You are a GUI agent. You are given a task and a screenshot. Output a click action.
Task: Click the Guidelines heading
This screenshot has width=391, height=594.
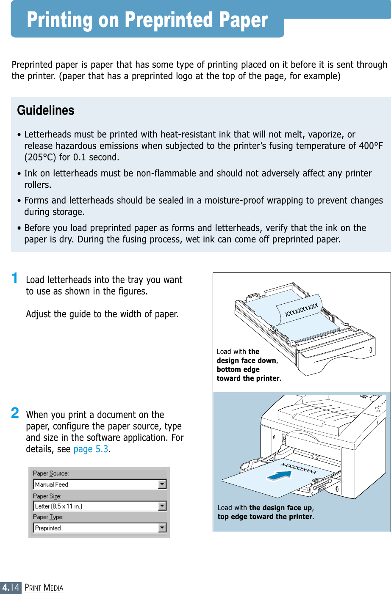[46, 110]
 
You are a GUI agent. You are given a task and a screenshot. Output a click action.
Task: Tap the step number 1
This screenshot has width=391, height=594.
[15, 278]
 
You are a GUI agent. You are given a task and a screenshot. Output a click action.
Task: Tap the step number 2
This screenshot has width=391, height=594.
[15, 412]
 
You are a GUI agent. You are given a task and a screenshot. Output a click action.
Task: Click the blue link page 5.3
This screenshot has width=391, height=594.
[91, 449]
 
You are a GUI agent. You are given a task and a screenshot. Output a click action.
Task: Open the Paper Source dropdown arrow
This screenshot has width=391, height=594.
[162, 484]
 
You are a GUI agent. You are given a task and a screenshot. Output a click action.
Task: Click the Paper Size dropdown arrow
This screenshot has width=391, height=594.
[162, 506]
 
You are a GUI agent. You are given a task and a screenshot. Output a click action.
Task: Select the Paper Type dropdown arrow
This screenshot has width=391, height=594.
[162, 528]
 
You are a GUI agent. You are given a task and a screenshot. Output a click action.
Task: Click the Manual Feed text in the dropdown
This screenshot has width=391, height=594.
[52, 484]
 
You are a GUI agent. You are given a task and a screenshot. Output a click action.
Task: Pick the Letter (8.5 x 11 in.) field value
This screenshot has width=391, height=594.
[58, 506]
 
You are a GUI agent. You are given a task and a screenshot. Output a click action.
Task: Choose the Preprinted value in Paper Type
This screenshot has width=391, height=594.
[48, 528]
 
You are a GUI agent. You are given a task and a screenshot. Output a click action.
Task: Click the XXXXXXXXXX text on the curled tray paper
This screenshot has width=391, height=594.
[301, 310]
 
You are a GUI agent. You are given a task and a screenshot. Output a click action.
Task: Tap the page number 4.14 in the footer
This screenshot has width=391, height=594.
[11, 587]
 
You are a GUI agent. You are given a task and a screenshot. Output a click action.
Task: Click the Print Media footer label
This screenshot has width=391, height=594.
[44, 588]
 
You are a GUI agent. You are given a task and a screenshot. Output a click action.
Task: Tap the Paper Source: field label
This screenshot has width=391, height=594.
[51, 473]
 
